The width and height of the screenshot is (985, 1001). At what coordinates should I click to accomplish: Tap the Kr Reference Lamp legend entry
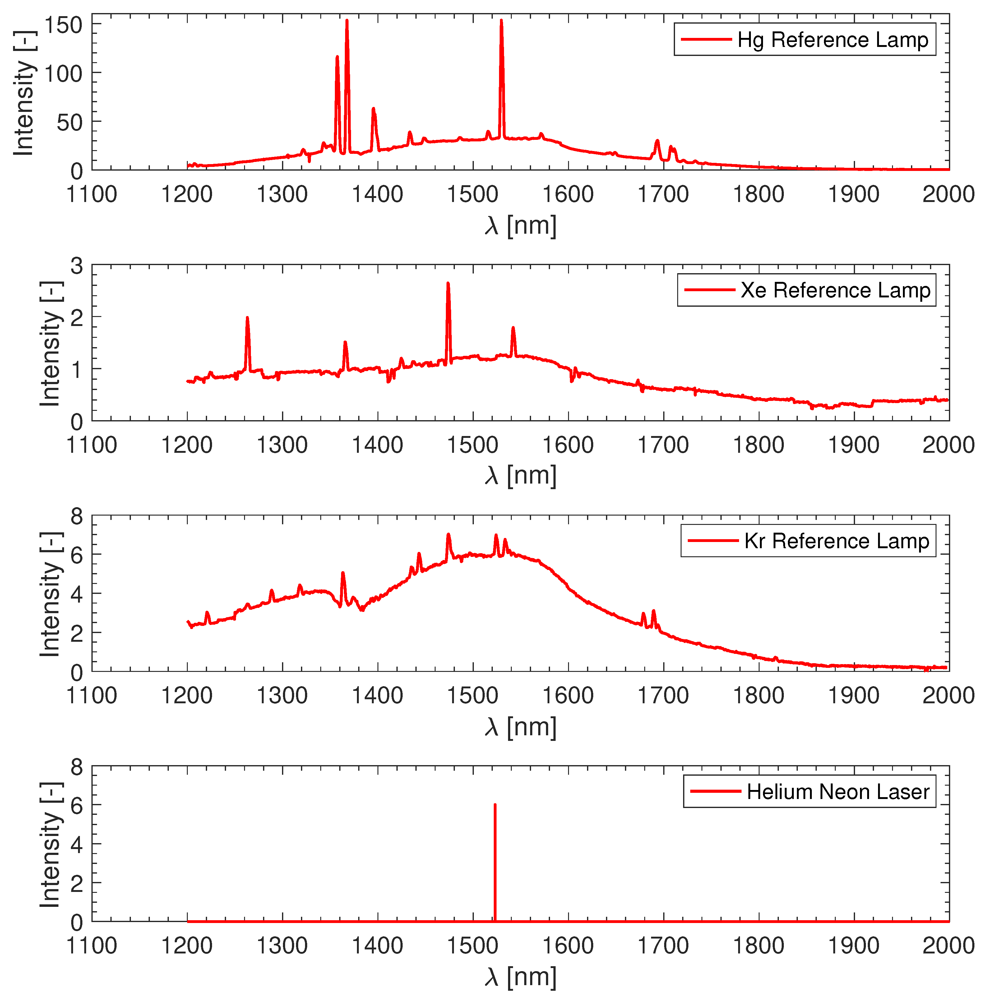tap(836, 541)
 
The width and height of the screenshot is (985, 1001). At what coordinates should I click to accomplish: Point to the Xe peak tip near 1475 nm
tap(448, 284)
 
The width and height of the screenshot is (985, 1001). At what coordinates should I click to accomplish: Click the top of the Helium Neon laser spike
tap(495, 805)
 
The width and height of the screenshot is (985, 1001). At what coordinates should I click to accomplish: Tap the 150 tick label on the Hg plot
tap(63, 25)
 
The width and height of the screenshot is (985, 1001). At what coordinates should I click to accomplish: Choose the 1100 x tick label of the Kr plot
tap(92, 696)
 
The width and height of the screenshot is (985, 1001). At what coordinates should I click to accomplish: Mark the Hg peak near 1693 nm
tap(657, 141)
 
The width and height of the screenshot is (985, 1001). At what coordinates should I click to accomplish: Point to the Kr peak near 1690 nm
tap(653, 612)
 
